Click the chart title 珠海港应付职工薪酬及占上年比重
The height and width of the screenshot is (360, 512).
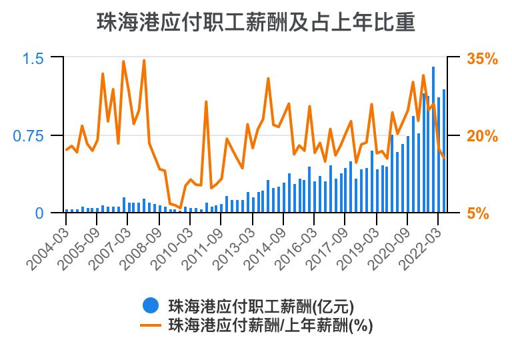[x=256, y=22]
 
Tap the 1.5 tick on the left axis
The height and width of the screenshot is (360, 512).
[x=33, y=59]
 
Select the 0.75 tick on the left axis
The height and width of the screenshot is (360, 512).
[x=28, y=136]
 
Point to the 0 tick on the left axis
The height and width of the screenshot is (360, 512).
[x=39, y=213]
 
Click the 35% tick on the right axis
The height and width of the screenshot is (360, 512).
[x=482, y=59]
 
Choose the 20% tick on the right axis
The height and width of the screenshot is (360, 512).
[x=482, y=136]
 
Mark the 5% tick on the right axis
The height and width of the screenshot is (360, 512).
[x=478, y=213]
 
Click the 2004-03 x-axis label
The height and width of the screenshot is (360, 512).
[x=48, y=245]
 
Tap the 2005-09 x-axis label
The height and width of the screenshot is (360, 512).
[x=79, y=245]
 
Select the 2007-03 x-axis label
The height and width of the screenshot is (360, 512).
[x=109, y=245]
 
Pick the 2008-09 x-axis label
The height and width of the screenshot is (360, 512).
[x=141, y=245]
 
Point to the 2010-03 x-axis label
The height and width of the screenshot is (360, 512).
[x=171, y=245]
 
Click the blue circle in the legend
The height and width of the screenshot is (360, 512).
[x=151, y=306]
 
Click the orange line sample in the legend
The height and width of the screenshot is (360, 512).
[x=151, y=325]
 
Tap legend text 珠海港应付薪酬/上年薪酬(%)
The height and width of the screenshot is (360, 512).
[x=270, y=325]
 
